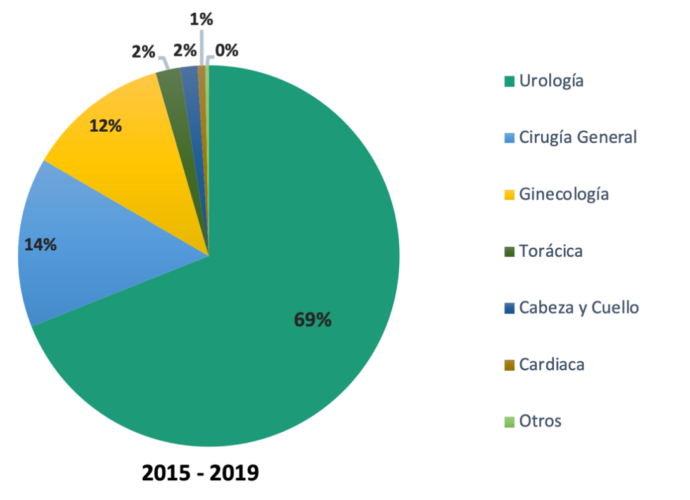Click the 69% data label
[x=313, y=320]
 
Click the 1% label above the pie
[x=202, y=17]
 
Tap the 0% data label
[x=227, y=50]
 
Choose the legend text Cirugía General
[x=577, y=137]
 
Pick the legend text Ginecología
[x=563, y=193]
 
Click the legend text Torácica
[x=550, y=250]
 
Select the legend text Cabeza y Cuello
[x=578, y=307]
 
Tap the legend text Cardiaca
[x=551, y=364]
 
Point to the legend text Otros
[x=540, y=420]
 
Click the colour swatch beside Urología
[x=509, y=81]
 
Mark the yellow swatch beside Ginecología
[x=509, y=194]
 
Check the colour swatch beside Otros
[x=509, y=421]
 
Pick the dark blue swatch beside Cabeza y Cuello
[x=509, y=308]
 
